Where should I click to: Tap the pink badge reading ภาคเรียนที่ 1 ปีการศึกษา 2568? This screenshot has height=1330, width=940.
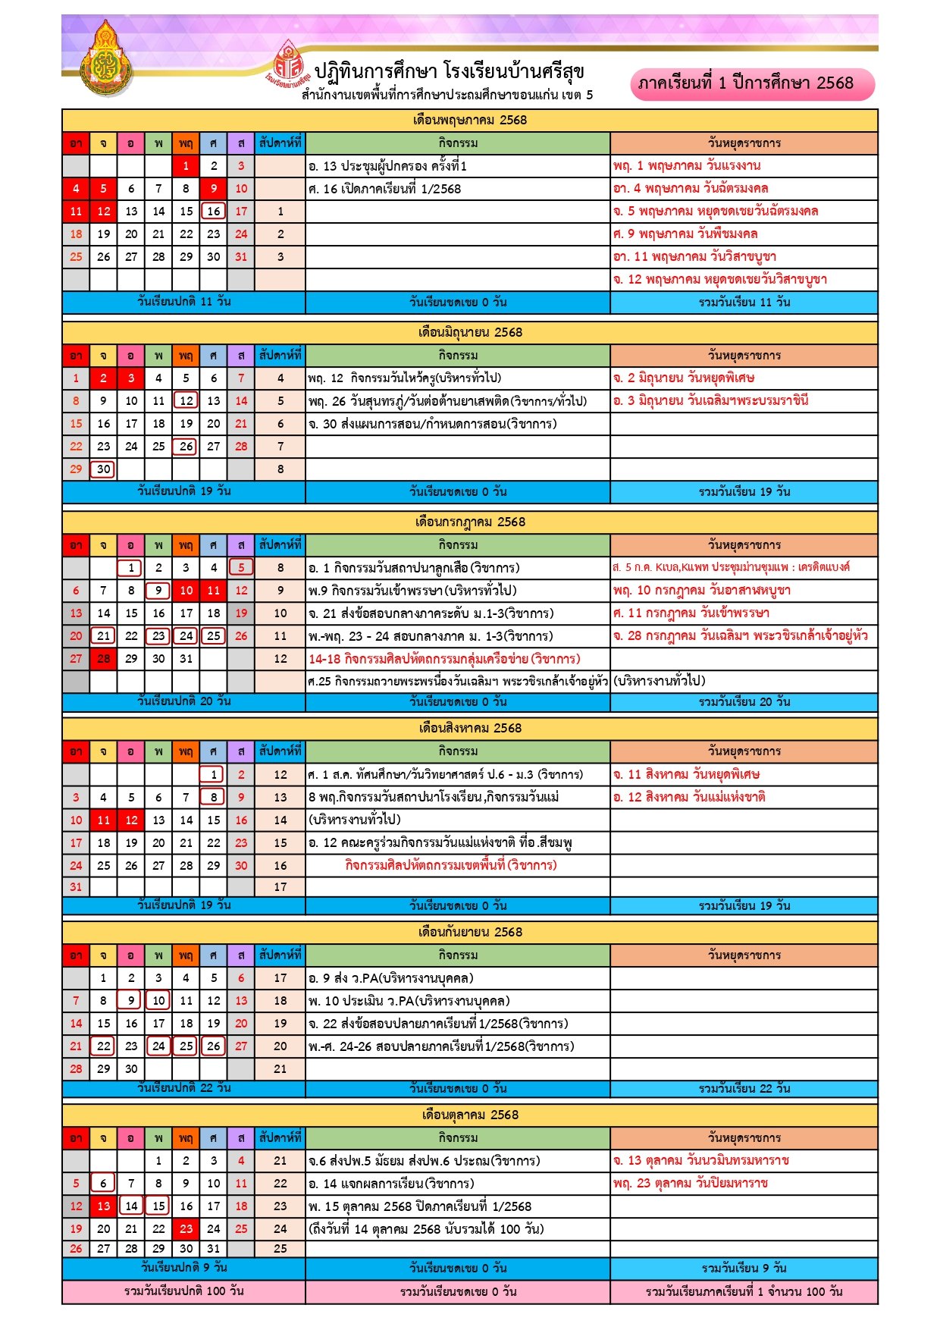(x=752, y=83)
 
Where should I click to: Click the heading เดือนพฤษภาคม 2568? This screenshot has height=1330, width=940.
(x=470, y=120)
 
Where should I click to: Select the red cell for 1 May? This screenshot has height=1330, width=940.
(x=186, y=165)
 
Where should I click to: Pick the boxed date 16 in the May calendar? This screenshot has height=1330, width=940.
(x=214, y=211)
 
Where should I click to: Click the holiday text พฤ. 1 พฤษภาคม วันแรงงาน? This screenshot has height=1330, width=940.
(x=687, y=165)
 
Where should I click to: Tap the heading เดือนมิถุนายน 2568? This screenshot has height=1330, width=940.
(x=470, y=332)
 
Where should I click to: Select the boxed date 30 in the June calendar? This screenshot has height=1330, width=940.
(x=103, y=469)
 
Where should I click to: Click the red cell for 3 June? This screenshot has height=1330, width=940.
(x=131, y=378)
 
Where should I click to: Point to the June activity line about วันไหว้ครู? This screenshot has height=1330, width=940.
(x=404, y=378)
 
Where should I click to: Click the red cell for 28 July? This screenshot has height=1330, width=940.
(x=103, y=658)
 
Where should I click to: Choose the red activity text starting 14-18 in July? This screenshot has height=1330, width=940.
(x=443, y=658)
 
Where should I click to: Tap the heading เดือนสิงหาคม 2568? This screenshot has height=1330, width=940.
(x=470, y=728)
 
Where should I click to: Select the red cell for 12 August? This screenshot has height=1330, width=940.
(x=131, y=820)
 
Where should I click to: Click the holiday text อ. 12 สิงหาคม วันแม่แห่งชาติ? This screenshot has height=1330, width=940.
(x=689, y=797)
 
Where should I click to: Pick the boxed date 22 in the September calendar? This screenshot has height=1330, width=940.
(x=103, y=1046)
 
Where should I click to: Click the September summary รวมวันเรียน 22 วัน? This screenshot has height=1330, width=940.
(x=744, y=1088)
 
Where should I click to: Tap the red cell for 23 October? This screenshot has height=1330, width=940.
(x=186, y=1228)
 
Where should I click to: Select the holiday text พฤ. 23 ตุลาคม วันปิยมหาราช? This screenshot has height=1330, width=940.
(x=691, y=1183)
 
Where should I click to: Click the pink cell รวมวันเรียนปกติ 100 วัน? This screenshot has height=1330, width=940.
(x=183, y=1291)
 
